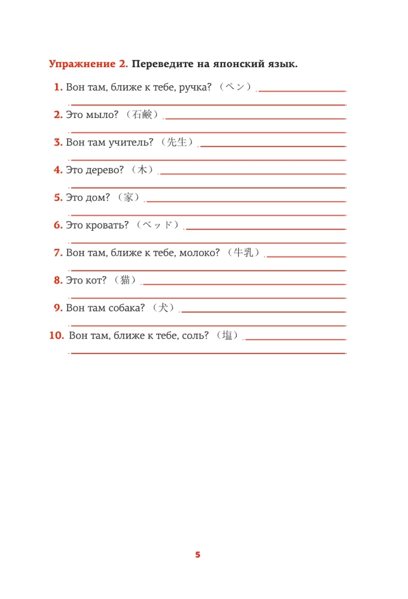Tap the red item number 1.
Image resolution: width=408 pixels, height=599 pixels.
[58, 87]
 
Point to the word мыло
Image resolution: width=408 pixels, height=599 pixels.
[103, 115]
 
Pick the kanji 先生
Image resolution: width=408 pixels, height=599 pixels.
[178, 142]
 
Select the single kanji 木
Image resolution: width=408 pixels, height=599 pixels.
[142, 170]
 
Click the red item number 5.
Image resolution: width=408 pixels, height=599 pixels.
[58, 198]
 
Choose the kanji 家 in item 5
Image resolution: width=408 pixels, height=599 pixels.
[128, 197]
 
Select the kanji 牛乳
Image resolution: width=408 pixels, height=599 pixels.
[245, 252]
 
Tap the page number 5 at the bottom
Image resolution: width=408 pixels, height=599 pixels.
[198, 555]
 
